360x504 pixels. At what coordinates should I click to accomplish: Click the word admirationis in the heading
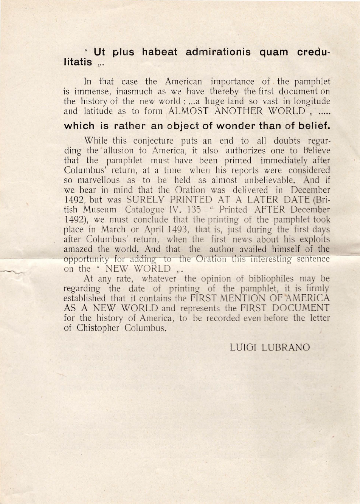tap(218, 52)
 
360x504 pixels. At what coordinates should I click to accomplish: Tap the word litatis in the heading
tap(78, 62)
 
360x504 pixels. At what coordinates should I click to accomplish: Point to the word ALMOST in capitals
tap(188, 111)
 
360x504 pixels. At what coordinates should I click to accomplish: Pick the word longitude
tap(309, 102)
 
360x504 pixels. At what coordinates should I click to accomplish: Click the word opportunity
tap(86, 260)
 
